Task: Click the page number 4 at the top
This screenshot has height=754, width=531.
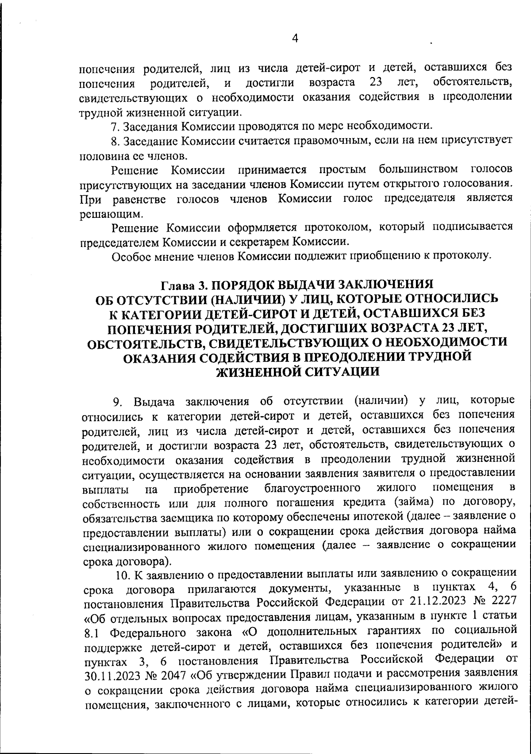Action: coord(295,39)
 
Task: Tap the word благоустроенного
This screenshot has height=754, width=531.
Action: coord(311,489)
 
